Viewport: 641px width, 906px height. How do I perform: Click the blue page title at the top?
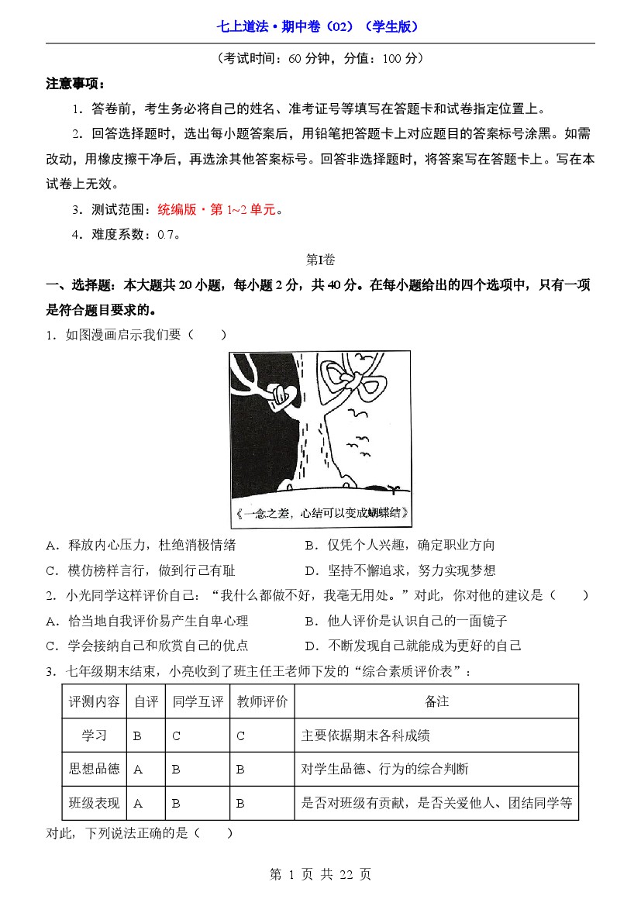(x=320, y=26)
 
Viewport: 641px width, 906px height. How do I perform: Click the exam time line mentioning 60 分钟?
(x=320, y=58)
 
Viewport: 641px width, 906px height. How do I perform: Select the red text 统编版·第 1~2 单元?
(x=217, y=209)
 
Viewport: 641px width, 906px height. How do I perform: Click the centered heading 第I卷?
(x=320, y=260)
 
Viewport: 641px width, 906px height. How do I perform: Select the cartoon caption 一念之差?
(x=320, y=513)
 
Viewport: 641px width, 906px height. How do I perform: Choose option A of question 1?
(x=141, y=546)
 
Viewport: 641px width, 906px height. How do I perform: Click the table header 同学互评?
(x=198, y=701)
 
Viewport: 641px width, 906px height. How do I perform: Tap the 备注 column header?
(x=436, y=701)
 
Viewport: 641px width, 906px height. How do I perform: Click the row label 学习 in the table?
(x=94, y=735)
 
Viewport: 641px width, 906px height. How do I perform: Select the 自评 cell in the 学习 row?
(x=138, y=736)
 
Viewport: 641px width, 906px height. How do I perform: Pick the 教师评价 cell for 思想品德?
(x=241, y=770)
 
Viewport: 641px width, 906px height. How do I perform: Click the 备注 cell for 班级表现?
(x=436, y=804)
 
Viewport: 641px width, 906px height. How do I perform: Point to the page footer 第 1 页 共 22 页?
(x=320, y=874)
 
